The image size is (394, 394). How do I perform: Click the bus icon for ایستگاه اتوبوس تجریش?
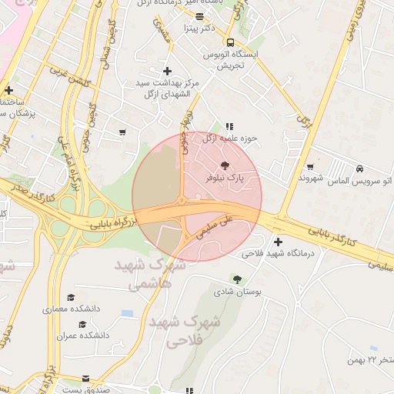click(x=230, y=42)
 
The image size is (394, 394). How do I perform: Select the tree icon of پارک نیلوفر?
click(x=225, y=165)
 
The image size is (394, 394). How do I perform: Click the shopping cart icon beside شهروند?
click(x=310, y=166)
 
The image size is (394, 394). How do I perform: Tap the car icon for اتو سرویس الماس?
click(x=360, y=169)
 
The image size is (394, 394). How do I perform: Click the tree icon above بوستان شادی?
click(x=237, y=279)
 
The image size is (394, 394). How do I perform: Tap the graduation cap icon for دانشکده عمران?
click(x=82, y=324)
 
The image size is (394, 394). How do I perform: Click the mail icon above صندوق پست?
click(x=85, y=379)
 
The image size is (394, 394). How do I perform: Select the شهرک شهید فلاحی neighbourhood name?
click(x=183, y=331)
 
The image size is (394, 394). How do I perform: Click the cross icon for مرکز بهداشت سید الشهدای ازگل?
click(x=167, y=71)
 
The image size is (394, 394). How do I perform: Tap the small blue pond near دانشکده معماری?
click(x=127, y=313)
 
